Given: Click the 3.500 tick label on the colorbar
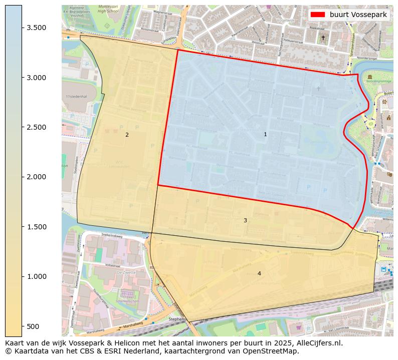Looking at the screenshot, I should click(37, 28).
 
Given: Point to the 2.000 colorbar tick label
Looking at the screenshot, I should click(37, 177).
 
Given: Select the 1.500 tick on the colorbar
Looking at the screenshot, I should click(37, 227).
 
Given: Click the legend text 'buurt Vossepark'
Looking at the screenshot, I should click(358, 15).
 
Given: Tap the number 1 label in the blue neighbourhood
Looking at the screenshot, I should click(265, 134).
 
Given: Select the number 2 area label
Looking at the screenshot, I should click(127, 135).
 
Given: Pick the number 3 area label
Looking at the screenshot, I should click(245, 220).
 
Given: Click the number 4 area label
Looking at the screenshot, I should click(259, 273).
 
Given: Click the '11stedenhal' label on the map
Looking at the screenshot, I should click(76, 96).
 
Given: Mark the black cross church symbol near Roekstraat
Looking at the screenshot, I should click(323, 38).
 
